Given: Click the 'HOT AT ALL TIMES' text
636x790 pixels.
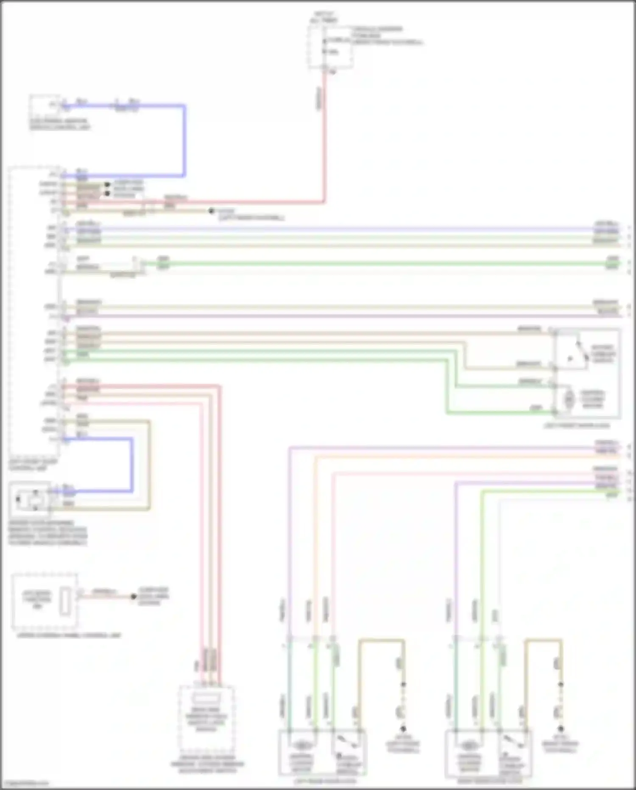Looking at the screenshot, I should pos(324,17).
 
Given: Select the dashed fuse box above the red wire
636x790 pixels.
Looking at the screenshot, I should pos(331,47).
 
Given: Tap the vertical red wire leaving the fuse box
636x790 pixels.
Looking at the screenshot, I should pos(325,136).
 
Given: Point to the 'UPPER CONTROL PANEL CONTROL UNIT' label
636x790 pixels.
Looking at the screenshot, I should pos(69,635).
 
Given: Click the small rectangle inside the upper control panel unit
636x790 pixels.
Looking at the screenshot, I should pos(65,600).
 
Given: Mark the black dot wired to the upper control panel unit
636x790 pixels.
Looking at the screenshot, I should pos(133,596).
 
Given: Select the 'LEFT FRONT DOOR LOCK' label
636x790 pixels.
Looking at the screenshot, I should pos(577,425).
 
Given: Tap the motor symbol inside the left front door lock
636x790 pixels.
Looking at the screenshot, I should pos(569,399).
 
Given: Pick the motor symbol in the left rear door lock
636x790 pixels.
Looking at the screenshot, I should pos(301,745).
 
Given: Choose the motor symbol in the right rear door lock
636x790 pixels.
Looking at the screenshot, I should pos(468,745).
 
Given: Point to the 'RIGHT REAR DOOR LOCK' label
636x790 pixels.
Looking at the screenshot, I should pos(490,781).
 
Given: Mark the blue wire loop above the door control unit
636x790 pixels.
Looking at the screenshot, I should pos(184,140).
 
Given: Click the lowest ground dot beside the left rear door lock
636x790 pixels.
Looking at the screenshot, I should pos(403,728).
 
